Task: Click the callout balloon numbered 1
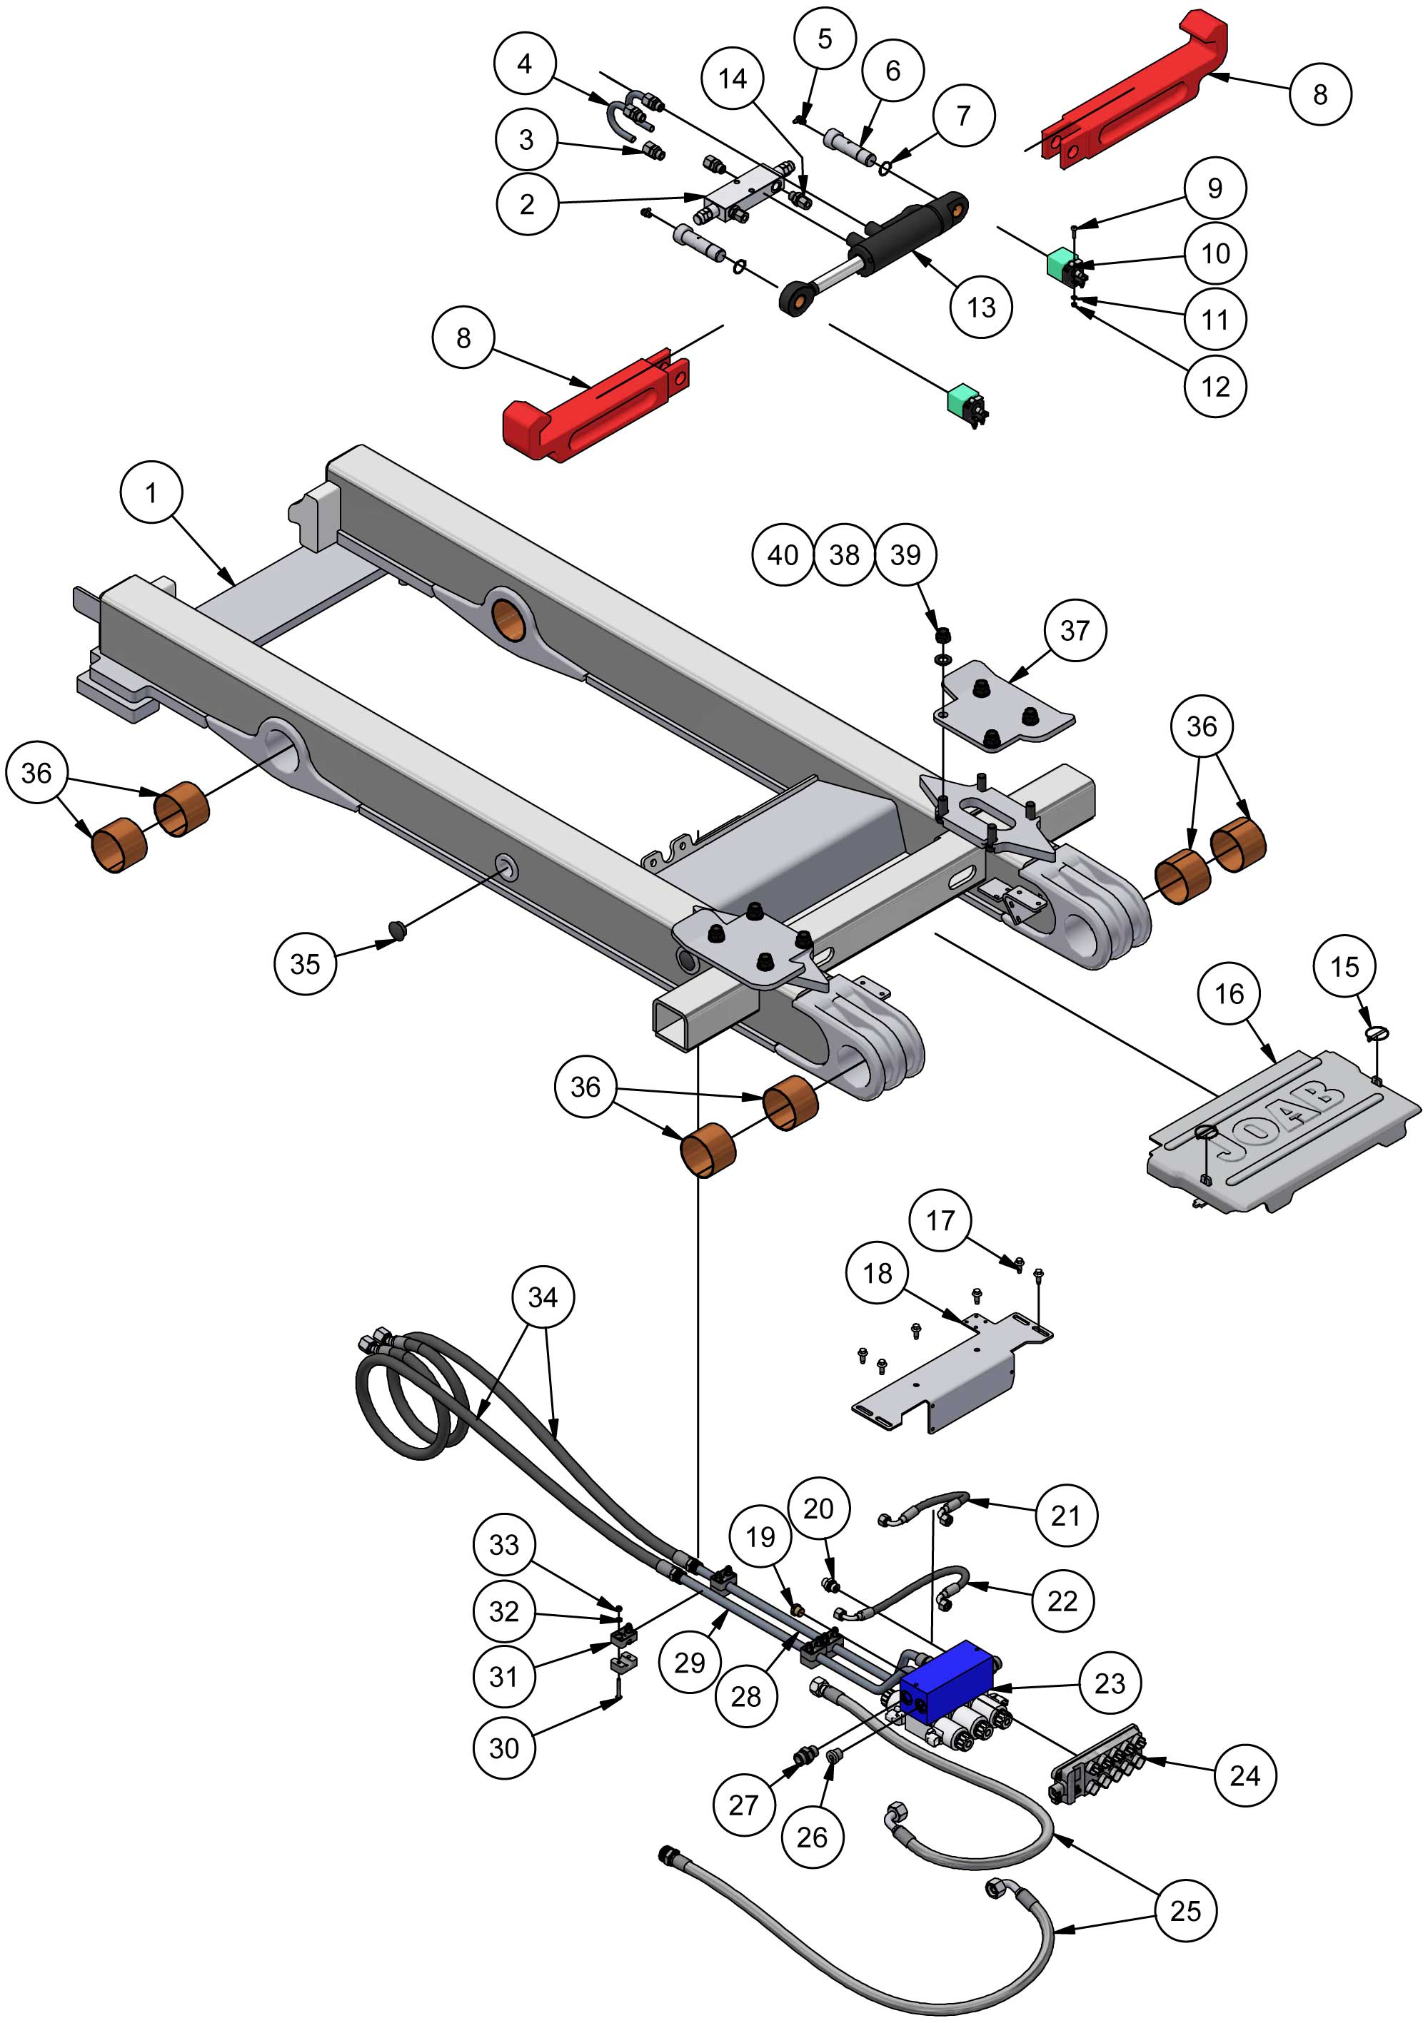tap(151, 492)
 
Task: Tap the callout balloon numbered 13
tap(981, 308)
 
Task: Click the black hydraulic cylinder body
tap(908, 233)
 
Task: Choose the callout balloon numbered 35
tap(305, 963)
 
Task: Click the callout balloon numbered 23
tap(1110, 1683)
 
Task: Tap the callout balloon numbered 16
tap(1229, 994)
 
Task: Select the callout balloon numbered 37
tap(1075, 630)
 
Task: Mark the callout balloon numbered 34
tap(543, 1297)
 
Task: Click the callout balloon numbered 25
tap(1185, 1910)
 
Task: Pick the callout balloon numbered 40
tap(783, 555)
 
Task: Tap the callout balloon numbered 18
tap(877, 1273)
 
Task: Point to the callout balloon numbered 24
tap(1245, 1775)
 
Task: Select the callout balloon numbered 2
tap(527, 204)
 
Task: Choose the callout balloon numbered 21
tap(1066, 1516)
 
